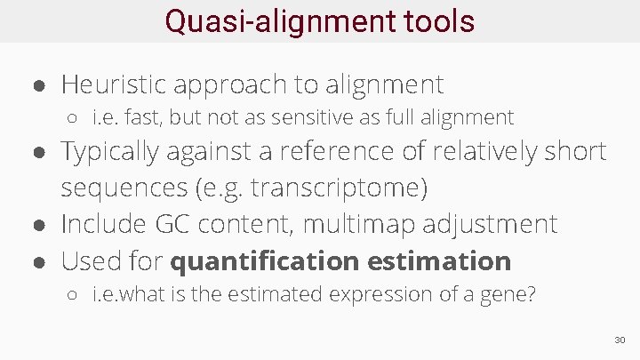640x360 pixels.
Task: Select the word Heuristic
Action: (114, 84)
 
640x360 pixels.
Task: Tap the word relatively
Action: (489, 152)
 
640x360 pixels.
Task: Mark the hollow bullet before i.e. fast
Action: (77, 118)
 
